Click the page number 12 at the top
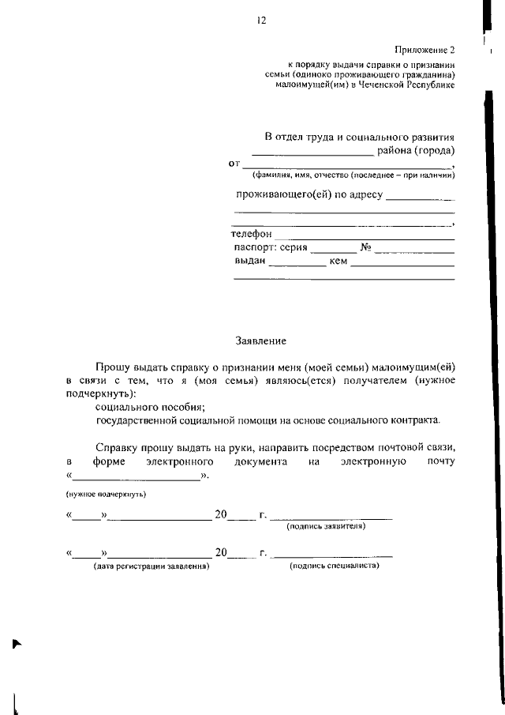tap(260, 21)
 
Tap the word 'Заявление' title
tap(261, 341)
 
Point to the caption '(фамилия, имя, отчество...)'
tap(347, 175)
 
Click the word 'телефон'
tap(251, 235)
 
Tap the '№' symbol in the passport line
tap(365, 247)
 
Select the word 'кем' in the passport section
tap(339, 261)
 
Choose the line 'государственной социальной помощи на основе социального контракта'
tap(267, 420)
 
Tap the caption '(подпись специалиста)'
tap(335, 566)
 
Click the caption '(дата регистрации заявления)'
tap(151, 566)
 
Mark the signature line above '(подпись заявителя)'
tap(331, 517)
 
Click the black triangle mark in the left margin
tap(17, 644)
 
